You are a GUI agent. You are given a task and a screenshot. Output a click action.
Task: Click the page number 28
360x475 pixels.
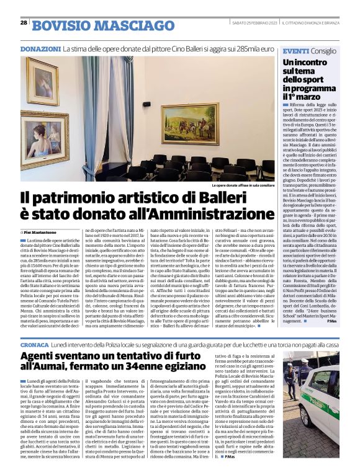[x=24, y=23]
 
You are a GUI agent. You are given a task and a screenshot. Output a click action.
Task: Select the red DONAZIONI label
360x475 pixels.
[x=40, y=48]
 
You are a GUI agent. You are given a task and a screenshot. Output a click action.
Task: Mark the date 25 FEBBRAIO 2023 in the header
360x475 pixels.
[x=256, y=23]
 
